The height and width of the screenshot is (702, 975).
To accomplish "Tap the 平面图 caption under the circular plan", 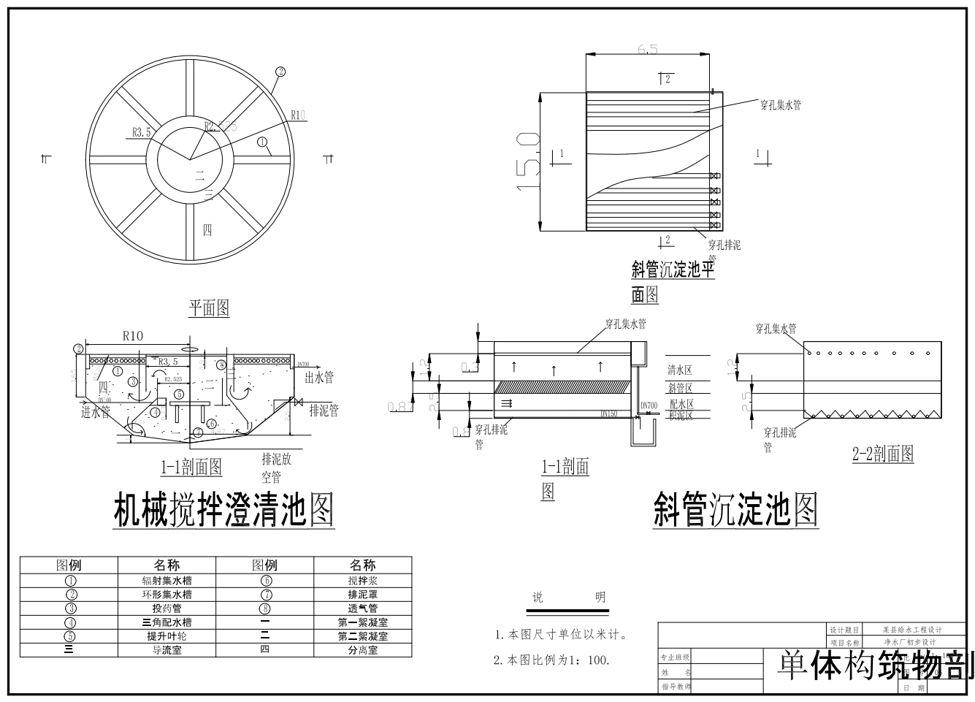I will click(209, 308).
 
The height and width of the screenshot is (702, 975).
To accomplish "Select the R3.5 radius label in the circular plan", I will click(142, 132).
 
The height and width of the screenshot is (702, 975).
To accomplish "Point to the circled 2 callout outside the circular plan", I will click(280, 72).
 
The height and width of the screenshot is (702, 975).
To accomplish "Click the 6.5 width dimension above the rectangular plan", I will click(647, 50).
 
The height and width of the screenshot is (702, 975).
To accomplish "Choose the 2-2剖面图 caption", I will click(883, 454).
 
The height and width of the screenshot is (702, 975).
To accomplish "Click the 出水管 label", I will click(318, 377).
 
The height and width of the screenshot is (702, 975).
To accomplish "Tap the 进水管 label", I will click(95, 412).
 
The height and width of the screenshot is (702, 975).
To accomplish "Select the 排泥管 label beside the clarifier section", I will click(324, 411).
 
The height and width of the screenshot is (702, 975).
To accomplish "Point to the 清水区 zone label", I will click(679, 370).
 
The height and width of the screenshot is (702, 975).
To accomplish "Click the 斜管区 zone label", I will click(679, 388).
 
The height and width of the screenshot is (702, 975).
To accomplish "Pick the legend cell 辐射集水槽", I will click(167, 581).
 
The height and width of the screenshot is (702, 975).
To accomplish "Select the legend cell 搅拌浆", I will click(362, 581).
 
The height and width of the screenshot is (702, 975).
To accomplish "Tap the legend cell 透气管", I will click(362, 608).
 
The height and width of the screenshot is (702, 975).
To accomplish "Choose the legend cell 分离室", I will click(362, 650).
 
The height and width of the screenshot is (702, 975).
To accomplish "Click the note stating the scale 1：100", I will click(551, 660).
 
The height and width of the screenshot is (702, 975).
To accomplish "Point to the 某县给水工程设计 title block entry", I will click(912, 630).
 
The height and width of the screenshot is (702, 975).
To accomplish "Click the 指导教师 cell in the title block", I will click(676, 687).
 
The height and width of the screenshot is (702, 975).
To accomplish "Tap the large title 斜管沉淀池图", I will click(735, 509).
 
